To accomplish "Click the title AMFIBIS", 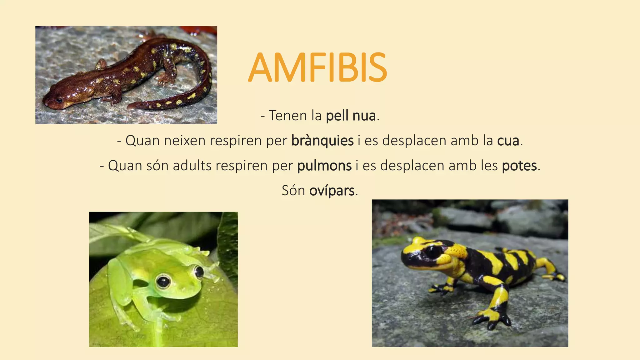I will click(x=317, y=67).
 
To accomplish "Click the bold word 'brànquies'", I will click(x=322, y=141).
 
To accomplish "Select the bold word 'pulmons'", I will click(x=324, y=166).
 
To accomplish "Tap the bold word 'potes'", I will click(x=519, y=166).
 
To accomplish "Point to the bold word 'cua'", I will click(x=508, y=141).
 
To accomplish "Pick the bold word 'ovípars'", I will click(x=332, y=191).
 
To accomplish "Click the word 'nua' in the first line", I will click(x=364, y=116).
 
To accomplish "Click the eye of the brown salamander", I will click(x=59, y=100).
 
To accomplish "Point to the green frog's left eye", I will click(x=163, y=281).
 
